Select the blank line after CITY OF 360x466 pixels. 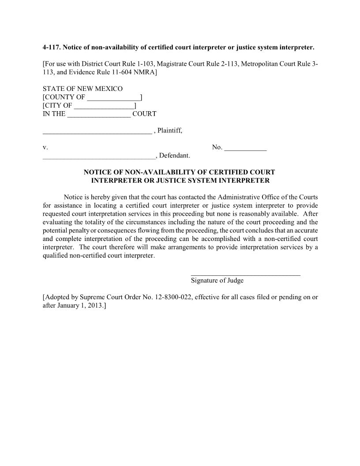click(104, 106)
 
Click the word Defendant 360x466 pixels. click(174, 156)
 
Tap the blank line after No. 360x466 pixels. click(245, 148)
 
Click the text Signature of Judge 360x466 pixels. click(217, 281)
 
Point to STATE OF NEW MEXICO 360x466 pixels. click(82, 89)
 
